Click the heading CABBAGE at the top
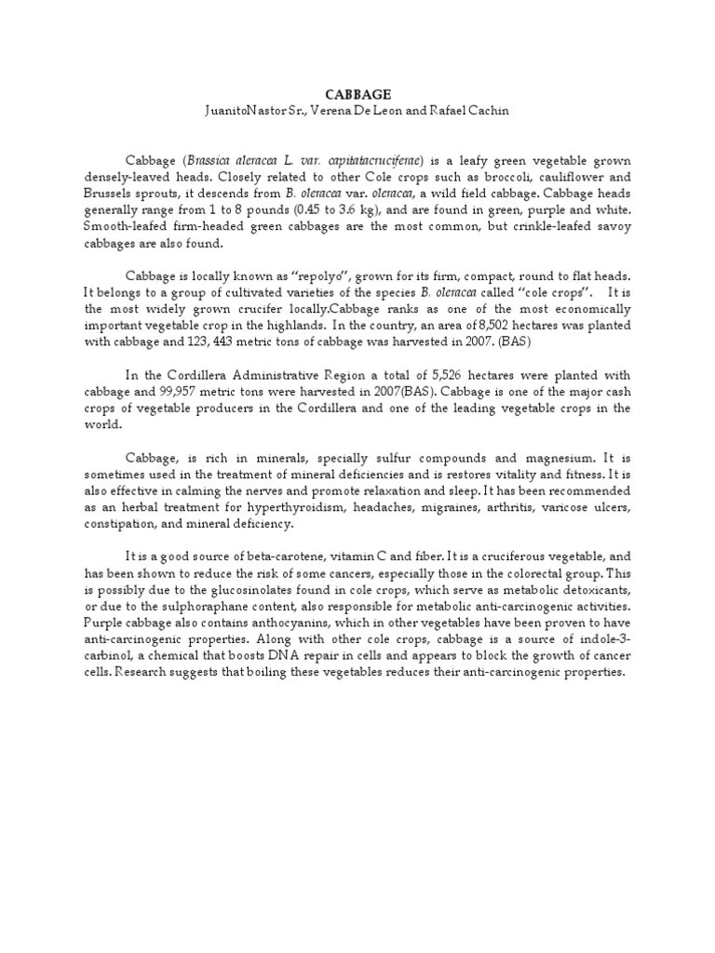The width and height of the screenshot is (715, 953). (357, 94)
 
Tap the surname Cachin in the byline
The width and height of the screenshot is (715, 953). (482, 111)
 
